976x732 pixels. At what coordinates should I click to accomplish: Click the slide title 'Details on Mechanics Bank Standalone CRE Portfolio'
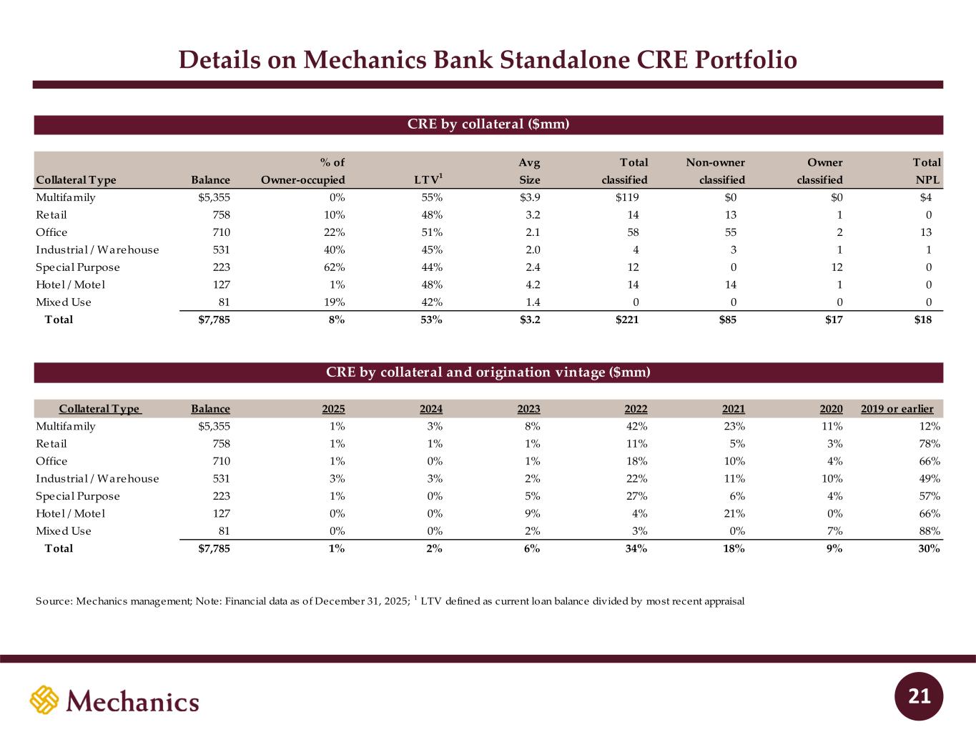(x=488, y=60)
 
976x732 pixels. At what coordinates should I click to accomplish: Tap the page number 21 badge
(x=920, y=696)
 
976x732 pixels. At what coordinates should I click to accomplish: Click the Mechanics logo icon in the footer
(x=44, y=700)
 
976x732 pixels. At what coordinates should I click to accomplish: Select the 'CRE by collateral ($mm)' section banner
(x=488, y=124)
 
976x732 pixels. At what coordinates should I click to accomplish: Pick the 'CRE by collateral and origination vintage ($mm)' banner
(x=488, y=372)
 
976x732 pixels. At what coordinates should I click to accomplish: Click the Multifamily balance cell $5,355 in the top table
(x=214, y=197)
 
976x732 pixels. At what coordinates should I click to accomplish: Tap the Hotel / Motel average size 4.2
(x=532, y=285)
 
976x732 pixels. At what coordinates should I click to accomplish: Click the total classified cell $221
(x=627, y=320)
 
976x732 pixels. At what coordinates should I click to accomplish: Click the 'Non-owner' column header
(x=715, y=163)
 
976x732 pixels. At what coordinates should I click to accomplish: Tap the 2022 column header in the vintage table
(x=636, y=409)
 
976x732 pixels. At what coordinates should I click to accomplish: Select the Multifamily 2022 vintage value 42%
(x=636, y=426)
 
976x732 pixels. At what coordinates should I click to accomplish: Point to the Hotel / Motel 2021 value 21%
(x=734, y=514)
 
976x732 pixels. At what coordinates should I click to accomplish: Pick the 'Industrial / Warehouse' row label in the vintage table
(x=97, y=479)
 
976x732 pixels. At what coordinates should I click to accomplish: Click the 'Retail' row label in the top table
(x=51, y=215)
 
